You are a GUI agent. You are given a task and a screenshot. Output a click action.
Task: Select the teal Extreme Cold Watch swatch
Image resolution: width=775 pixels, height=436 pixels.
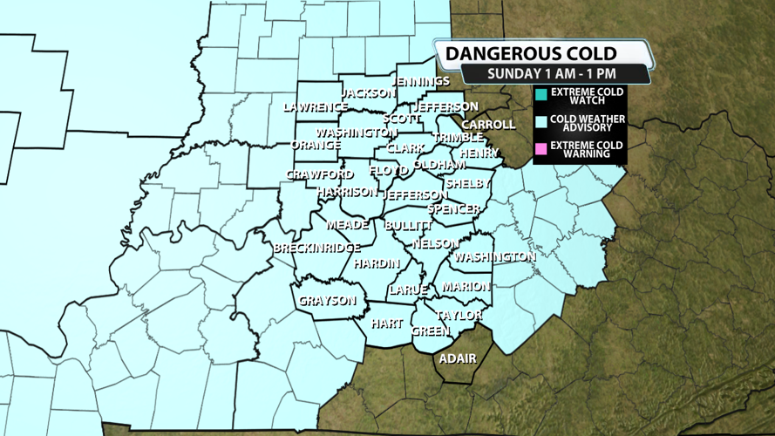(x=541, y=94)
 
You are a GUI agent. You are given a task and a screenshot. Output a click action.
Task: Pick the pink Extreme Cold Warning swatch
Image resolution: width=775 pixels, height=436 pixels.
(x=541, y=151)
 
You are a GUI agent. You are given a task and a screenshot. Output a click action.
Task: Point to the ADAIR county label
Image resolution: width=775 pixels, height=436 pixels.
(x=458, y=358)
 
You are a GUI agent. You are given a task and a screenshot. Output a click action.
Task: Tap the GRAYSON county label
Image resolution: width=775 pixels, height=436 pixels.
(x=328, y=301)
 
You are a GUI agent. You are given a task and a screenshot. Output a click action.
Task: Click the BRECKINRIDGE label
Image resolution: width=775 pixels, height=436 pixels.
(x=317, y=249)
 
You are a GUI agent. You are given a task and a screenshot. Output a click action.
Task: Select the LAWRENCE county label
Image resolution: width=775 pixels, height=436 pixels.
(x=316, y=107)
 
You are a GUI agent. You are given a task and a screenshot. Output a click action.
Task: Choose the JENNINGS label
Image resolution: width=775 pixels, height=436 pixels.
(x=422, y=81)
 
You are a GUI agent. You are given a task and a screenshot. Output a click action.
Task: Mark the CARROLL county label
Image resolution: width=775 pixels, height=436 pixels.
(x=489, y=125)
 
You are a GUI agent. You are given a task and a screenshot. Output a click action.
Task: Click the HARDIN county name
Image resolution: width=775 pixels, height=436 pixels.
(x=377, y=264)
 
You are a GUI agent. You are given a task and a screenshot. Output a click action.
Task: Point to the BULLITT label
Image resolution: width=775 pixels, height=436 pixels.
(x=408, y=225)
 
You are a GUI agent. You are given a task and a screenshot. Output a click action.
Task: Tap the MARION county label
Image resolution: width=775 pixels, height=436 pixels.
(x=466, y=287)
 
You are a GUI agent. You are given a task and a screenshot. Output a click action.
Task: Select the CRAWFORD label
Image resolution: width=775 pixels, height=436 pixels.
(x=320, y=175)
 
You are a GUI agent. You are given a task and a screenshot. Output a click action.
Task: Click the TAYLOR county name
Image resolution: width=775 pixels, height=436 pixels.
(x=459, y=315)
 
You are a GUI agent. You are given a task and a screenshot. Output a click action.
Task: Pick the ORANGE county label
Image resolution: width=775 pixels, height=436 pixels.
(x=316, y=145)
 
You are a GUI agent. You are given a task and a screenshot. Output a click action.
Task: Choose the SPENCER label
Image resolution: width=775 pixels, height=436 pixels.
(x=453, y=209)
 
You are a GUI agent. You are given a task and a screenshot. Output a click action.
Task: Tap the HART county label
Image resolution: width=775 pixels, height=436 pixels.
(x=386, y=324)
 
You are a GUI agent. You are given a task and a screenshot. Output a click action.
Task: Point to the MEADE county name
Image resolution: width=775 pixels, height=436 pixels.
(x=347, y=225)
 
